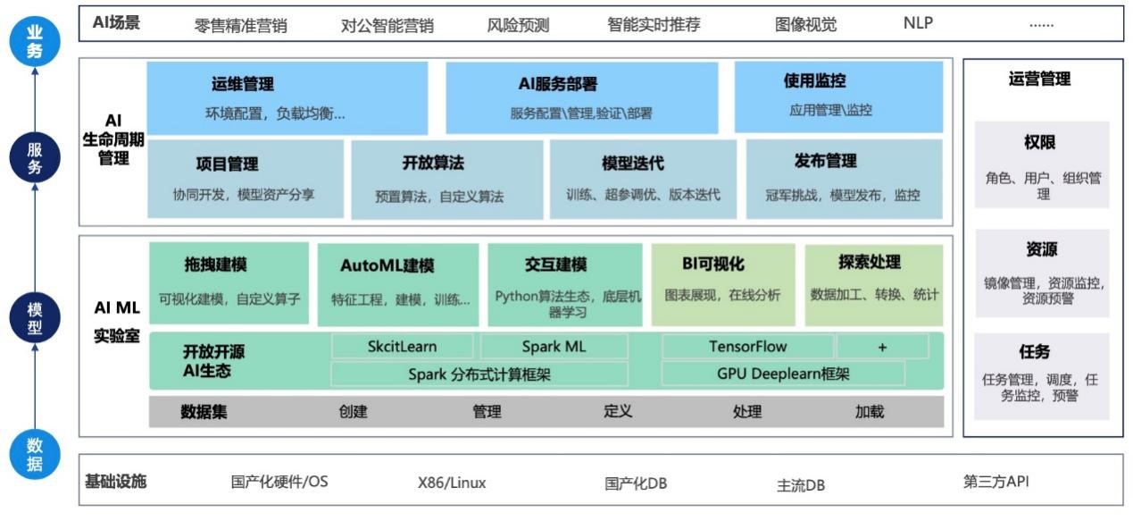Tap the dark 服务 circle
(34, 157)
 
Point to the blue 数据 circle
(34, 454)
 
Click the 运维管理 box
(287, 97)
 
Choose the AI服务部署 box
(581, 97)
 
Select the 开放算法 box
(446, 179)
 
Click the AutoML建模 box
(399, 283)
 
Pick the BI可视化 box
(723, 283)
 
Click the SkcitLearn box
(403, 347)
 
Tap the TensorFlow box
(747, 347)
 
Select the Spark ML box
(554, 347)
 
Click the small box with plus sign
(882, 347)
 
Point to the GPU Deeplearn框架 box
(782, 374)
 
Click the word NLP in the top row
(918, 23)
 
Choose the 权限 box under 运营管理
(1041, 165)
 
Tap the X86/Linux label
(452, 483)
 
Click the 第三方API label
(996, 482)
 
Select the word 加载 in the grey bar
(869, 412)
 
